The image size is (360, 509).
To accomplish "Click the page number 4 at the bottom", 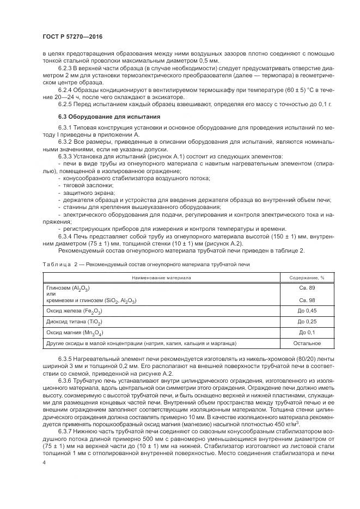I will tap(44, 463).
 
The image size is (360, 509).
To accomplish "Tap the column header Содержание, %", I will tap(299, 277).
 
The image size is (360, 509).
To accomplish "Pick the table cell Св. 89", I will tap(299, 287).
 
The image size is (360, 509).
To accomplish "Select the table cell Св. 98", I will tap(299, 300).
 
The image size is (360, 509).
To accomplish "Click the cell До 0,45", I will tap(299, 310).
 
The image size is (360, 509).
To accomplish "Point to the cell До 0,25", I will tap(299, 321).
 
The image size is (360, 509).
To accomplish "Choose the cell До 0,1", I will tap(299, 332).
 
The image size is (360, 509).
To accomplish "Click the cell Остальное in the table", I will tap(299, 344).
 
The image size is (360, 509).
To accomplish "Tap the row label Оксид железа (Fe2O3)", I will tap(75, 311).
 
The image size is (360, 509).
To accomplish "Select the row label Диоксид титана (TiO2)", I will tap(77, 322).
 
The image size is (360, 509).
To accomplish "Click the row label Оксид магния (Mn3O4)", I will tap(75, 333).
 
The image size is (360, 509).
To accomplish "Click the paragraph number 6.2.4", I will tap(65, 89).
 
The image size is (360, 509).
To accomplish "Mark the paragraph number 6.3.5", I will tap(65, 359).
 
